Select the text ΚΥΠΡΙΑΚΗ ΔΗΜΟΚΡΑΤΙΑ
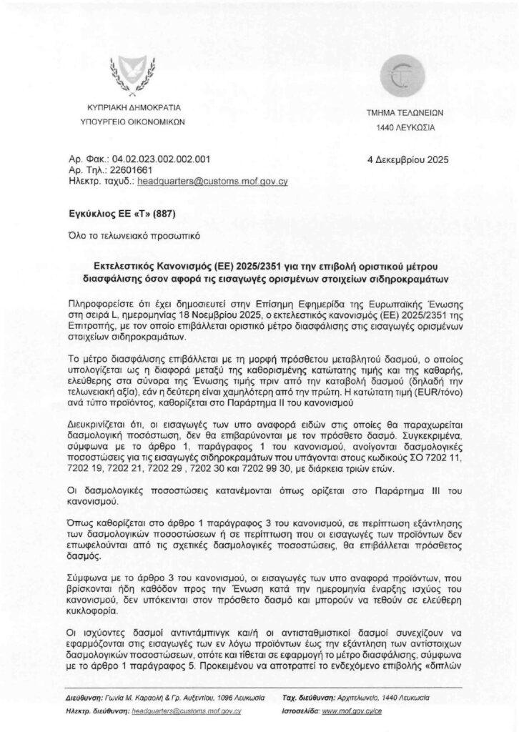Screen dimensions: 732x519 pyautogui.click(x=134, y=107)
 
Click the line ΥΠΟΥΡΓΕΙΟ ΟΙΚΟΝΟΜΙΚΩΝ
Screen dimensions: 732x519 pyautogui.click(x=134, y=121)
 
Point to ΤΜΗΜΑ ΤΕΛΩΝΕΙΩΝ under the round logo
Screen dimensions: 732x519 pyautogui.click(x=405, y=113)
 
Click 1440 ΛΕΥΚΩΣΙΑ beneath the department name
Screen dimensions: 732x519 pyautogui.click(x=405, y=128)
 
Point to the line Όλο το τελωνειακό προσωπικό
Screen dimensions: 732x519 pyautogui.click(x=133, y=234)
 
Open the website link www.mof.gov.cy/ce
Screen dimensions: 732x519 pyautogui.click(x=352, y=712)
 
